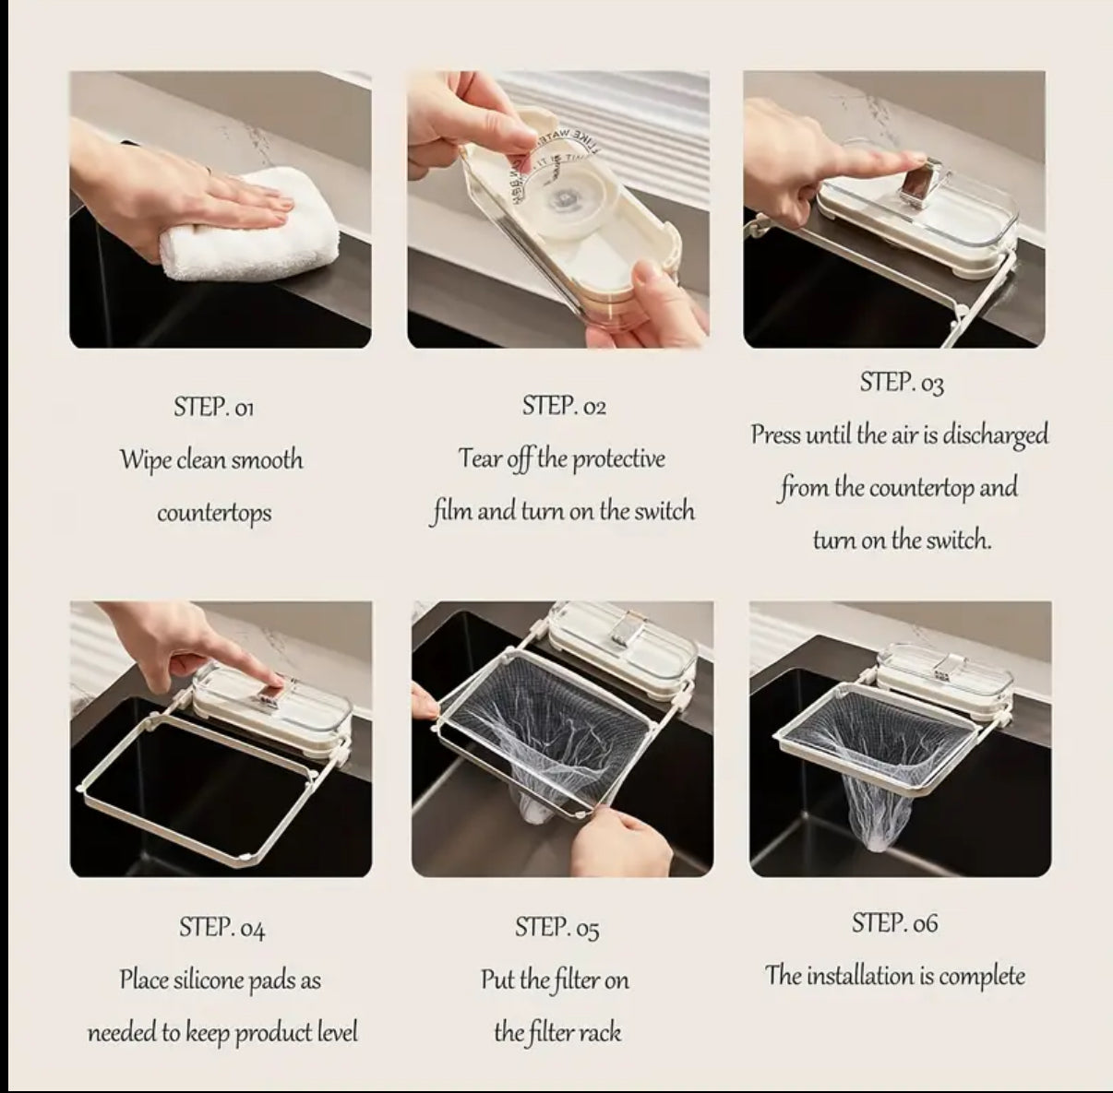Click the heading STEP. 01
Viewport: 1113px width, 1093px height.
tap(213, 407)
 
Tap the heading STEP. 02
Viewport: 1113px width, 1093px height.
tap(564, 406)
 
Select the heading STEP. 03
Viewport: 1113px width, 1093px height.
tap(901, 383)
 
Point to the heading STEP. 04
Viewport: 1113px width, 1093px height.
tap(221, 928)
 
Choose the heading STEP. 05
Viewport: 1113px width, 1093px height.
tap(556, 928)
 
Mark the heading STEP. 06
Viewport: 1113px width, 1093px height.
tap(894, 923)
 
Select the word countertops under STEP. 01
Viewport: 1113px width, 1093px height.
tap(214, 513)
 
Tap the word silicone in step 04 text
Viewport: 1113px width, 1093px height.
tap(221, 980)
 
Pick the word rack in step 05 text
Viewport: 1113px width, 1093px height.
tap(600, 1032)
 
